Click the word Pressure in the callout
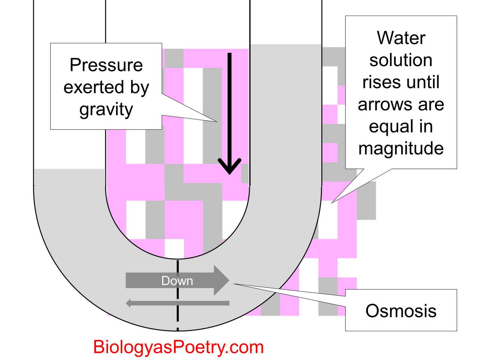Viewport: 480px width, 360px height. [x=106, y=65]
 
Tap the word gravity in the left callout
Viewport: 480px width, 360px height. [x=106, y=109]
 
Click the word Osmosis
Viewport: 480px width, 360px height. [x=401, y=311]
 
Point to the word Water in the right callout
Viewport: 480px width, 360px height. [x=401, y=38]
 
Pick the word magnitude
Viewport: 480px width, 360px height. [x=401, y=148]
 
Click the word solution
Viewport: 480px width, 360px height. [x=401, y=60]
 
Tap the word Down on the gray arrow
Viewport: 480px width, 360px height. [x=177, y=281]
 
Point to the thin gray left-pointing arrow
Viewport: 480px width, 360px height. [x=177, y=303]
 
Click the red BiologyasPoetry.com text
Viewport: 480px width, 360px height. [x=178, y=347]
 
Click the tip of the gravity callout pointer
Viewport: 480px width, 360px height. [x=216, y=121]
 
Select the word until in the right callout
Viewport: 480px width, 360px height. [x=423, y=82]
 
